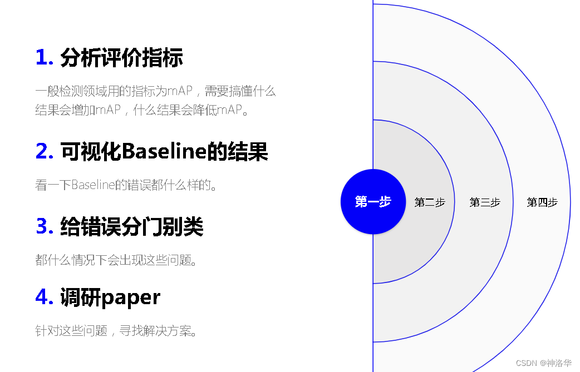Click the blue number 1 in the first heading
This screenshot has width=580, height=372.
43,58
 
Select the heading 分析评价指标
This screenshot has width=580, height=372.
121,58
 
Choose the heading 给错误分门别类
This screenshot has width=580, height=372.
132,226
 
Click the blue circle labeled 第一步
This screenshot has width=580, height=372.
372,202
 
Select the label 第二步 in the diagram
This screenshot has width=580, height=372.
429,202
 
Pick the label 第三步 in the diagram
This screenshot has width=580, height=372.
484,202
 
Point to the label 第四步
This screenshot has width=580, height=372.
542,202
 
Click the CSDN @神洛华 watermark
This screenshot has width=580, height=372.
543,363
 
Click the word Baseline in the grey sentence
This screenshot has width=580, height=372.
93,185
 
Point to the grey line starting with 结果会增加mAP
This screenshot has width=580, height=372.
141,110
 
